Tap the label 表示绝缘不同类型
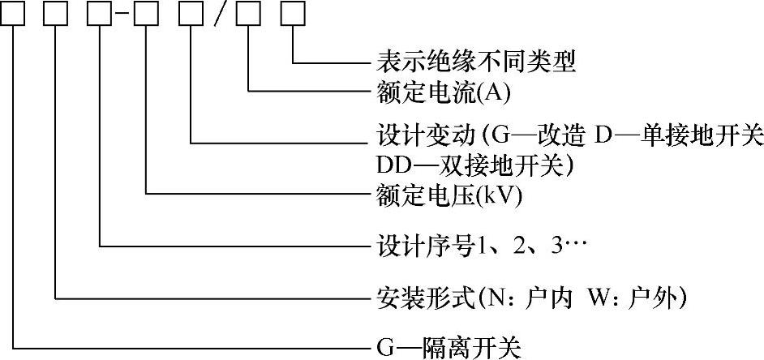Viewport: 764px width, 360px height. pyautogui.click(x=476, y=62)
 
